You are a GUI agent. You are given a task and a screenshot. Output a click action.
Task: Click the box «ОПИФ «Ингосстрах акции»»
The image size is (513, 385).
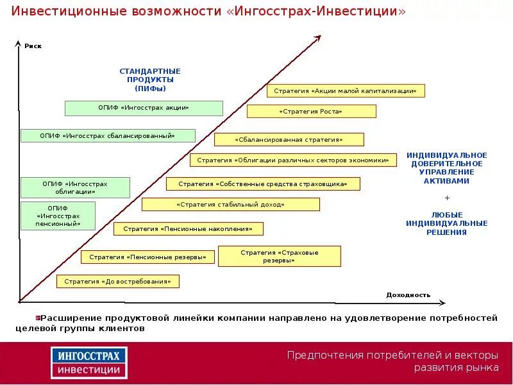(144, 108)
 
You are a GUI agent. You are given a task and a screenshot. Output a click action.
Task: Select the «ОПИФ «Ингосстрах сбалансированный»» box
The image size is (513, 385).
(108, 135)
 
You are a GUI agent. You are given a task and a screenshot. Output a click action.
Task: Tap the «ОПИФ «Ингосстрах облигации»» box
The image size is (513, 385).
(75, 187)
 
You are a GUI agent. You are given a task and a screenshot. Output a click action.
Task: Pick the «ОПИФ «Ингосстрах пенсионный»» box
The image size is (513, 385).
(58, 216)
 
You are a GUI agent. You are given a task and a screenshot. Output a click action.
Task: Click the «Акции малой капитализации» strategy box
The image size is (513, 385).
(346, 91)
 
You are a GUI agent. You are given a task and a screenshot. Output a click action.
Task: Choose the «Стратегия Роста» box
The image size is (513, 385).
(311, 112)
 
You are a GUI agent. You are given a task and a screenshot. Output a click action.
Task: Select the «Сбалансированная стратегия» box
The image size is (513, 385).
(289, 139)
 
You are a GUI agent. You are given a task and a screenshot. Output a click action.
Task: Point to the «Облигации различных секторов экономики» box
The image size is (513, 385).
(293, 160)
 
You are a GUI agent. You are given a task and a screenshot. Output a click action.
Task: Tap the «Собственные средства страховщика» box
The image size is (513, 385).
(263, 184)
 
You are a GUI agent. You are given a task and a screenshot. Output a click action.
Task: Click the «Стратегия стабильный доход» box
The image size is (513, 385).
(230, 205)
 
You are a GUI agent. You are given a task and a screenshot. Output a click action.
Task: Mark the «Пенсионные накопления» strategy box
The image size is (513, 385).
(189, 228)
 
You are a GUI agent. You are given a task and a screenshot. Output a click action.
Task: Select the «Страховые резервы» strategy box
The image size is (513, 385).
(280, 256)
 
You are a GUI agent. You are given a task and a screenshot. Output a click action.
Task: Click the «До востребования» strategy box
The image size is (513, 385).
(118, 281)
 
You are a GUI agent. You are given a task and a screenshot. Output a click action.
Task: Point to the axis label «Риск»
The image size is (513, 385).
(33, 46)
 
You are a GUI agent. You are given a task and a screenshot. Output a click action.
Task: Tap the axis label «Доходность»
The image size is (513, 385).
(408, 295)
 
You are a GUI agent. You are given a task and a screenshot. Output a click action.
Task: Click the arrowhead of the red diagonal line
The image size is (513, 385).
(318, 39)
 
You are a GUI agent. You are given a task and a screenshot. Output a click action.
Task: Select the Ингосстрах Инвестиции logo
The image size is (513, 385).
(89, 363)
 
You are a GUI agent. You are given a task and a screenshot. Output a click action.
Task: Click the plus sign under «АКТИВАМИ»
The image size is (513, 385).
(447, 198)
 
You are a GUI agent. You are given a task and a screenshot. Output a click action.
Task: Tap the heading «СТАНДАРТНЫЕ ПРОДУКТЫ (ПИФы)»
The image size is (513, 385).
(150, 80)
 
